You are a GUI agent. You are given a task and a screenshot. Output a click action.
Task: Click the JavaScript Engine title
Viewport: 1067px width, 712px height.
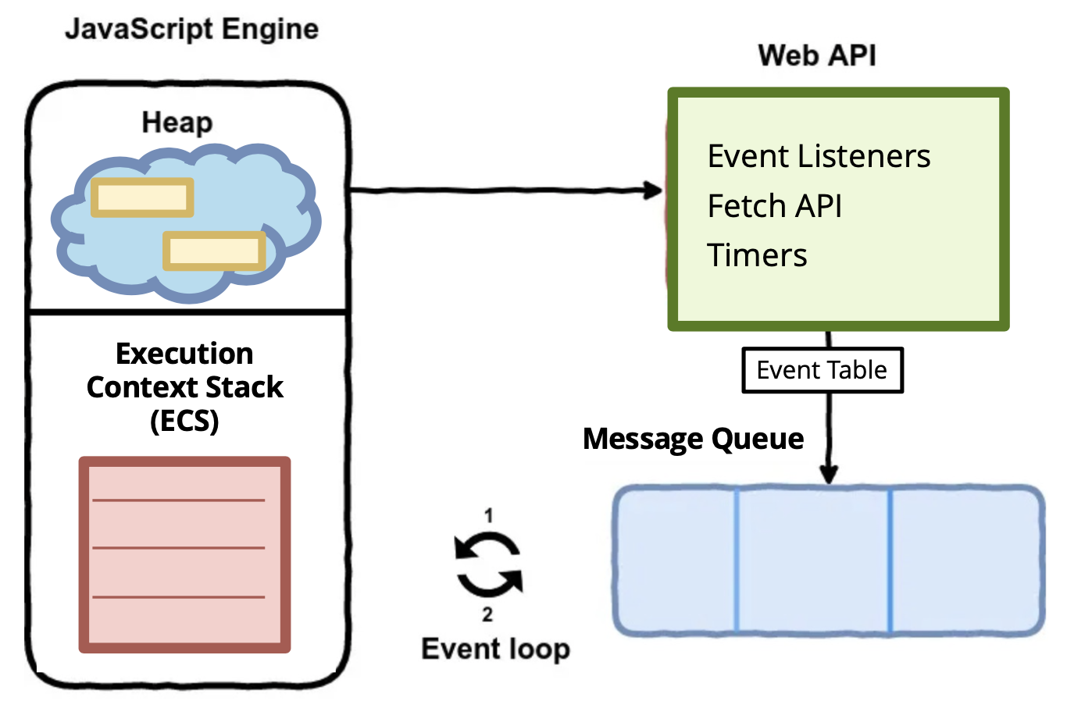[191, 30]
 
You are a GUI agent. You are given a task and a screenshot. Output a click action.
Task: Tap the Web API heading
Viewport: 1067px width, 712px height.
[817, 56]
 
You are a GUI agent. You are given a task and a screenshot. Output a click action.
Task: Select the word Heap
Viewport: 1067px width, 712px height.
[177, 123]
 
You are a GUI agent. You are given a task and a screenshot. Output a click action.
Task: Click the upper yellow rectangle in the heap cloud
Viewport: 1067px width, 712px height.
[142, 198]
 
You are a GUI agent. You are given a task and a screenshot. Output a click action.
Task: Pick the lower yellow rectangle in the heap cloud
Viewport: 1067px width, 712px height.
[214, 251]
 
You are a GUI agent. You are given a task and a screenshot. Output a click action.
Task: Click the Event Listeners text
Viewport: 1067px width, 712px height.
[819, 156]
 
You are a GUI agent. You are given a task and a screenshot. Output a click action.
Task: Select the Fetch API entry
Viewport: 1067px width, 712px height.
[774, 206]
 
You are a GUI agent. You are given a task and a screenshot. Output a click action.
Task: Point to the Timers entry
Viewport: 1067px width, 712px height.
[757, 255]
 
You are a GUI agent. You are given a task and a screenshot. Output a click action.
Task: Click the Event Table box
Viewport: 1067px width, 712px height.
[822, 370]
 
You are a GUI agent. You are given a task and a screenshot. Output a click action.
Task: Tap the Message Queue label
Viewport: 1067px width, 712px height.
[693, 439]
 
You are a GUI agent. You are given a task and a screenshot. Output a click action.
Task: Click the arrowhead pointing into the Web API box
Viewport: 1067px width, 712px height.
[653, 190]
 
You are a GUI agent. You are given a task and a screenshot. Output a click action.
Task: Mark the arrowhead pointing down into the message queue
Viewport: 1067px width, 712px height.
[829, 473]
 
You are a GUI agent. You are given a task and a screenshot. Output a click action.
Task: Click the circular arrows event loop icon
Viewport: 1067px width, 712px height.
[489, 564]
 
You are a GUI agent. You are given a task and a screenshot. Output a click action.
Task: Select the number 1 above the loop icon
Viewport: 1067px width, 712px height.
[488, 515]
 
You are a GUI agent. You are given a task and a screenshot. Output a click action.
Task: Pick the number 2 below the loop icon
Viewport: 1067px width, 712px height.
[487, 614]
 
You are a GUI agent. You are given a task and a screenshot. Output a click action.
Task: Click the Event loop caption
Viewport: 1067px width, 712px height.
[495, 649]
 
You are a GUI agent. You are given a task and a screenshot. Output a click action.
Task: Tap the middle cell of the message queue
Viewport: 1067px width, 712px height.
[813, 559]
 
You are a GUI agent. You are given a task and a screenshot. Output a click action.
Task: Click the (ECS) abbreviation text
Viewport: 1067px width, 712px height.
[184, 422]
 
